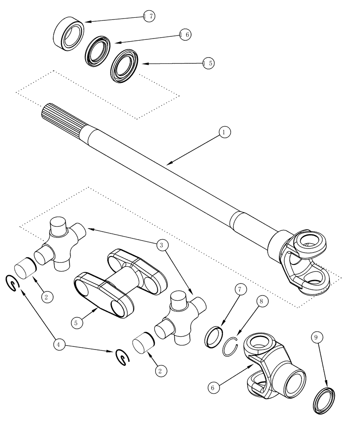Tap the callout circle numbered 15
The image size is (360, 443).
click(207, 63)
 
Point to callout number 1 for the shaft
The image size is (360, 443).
click(225, 132)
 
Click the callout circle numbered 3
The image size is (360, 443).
click(161, 245)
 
